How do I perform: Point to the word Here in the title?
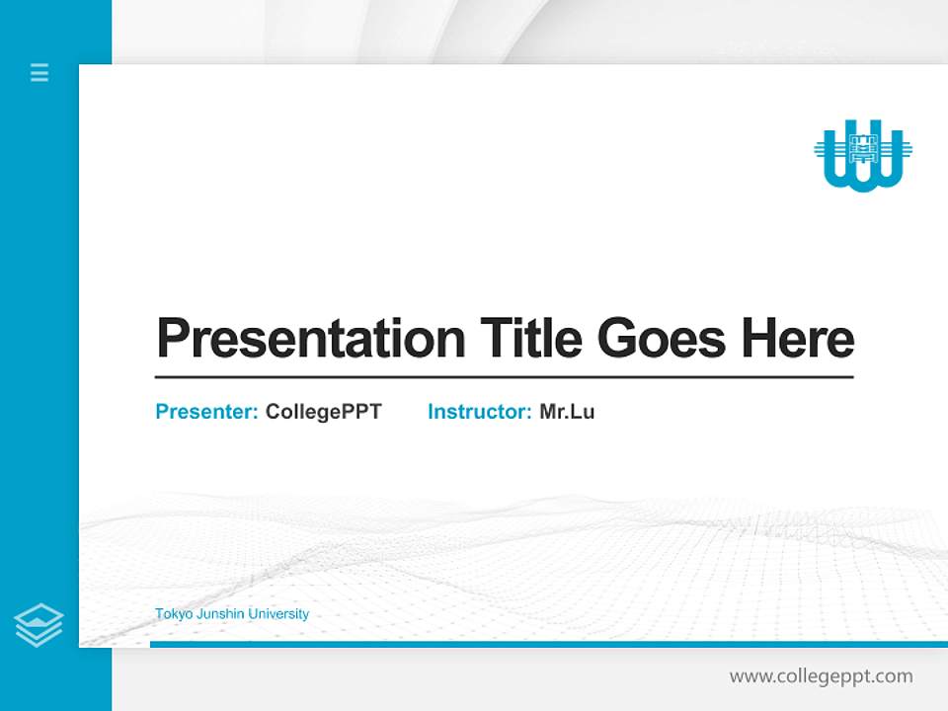797,339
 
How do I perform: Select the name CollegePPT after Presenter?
323,412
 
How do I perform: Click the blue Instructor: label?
480,412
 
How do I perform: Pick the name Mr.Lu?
567,412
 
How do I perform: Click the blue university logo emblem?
863,155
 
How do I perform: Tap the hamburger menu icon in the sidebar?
39,72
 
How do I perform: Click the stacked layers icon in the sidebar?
39,625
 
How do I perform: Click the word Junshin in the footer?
218,614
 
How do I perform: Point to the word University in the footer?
278,614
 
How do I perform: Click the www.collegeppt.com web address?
821,676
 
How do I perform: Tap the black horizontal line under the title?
504,377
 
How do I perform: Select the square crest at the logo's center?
863,149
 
